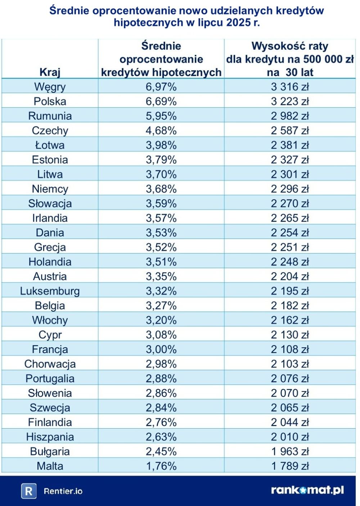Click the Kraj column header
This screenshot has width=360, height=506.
click(x=50, y=72)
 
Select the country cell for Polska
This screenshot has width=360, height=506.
click(x=50, y=101)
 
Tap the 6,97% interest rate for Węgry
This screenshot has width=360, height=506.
click(x=161, y=87)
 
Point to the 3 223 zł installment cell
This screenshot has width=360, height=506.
click(x=290, y=101)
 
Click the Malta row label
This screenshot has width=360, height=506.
click(x=50, y=466)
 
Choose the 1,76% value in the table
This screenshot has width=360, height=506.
click(x=161, y=466)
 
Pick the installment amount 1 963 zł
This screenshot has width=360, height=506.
click(x=290, y=451)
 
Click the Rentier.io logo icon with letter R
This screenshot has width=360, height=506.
click(x=29, y=491)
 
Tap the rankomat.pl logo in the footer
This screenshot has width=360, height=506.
click(x=307, y=490)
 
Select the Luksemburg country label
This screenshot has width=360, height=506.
click(x=50, y=291)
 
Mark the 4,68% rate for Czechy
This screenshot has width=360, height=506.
click(x=161, y=131)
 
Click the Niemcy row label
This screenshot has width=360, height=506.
click(x=50, y=189)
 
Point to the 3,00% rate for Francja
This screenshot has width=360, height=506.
click(x=161, y=349)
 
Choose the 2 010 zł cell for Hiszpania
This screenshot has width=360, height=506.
click(x=290, y=437)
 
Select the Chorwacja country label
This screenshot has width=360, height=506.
click(x=50, y=364)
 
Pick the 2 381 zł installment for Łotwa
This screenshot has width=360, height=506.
click(x=290, y=145)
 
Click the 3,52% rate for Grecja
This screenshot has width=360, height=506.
click(x=161, y=247)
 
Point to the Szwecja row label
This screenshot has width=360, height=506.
click(x=50, y=408)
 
